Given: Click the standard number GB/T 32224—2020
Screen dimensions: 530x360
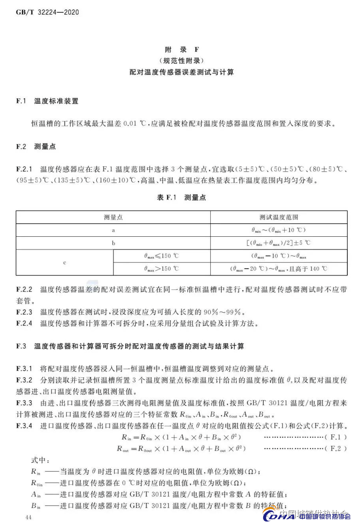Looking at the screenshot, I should pos(47,12).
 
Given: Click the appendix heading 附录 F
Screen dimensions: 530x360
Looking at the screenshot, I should pos(181,50).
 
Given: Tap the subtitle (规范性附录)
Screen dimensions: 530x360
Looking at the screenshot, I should pos(181,61).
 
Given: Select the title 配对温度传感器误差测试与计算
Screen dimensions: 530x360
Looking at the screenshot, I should pos(181,72).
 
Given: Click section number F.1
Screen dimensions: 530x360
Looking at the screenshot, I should pos(21,101).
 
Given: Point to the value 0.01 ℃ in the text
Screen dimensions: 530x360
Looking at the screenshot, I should pos(135,124).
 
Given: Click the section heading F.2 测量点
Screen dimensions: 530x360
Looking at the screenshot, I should pos(36,147).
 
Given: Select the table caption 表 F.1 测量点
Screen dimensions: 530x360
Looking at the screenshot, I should pos(181,198).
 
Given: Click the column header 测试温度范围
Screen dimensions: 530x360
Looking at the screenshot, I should pos(279,217).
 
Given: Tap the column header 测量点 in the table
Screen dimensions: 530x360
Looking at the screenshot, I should pos(113,217).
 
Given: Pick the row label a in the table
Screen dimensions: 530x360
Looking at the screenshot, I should pos(113,230).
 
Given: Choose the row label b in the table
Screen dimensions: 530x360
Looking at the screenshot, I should pos(113,243).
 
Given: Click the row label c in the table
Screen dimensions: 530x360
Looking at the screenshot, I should pos(64,262).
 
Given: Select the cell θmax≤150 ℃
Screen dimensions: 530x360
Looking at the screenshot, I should pos(161,256).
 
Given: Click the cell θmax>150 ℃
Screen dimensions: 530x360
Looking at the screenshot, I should pos(161,269).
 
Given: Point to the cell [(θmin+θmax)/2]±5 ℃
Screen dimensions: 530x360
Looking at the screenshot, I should pos(279,243).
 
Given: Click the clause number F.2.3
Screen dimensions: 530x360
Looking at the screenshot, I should pos(24,312).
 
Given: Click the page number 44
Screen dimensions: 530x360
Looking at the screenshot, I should pos(28,518).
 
